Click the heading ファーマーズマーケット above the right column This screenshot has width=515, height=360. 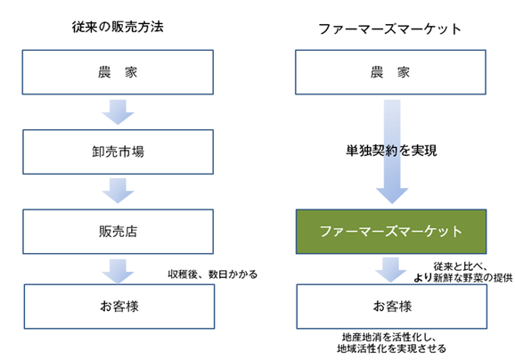392,27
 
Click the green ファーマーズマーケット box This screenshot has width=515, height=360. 392,231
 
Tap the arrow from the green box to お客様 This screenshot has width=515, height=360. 392,268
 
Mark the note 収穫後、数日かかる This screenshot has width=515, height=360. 212,274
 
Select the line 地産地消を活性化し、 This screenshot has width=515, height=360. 392,338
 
